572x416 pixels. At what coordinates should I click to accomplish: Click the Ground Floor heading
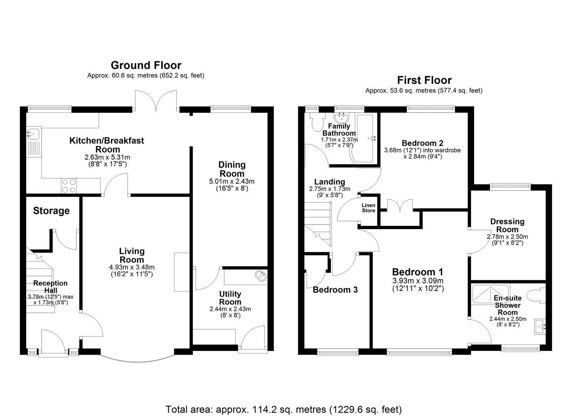click(146, 65)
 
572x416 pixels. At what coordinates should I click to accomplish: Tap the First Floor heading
click(424, 80)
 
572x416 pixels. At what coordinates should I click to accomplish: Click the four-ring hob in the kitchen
click(69, 186)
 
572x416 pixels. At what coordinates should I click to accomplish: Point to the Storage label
click(51, 211)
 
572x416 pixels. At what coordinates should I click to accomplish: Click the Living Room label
click(132, 255)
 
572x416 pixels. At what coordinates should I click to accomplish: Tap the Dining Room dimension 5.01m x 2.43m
click(231, 181)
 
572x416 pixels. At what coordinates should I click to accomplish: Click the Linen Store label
click(369, 208)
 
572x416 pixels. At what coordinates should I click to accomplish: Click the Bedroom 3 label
click(335, 290)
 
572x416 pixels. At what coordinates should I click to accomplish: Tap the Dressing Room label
click(507, 225)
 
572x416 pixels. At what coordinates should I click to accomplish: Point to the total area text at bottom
click(283, 409)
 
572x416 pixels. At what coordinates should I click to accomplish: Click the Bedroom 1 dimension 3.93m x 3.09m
click(418, 281)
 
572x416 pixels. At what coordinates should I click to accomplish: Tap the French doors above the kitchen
click(156, 101)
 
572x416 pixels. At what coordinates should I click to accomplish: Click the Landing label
click(329, 182)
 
